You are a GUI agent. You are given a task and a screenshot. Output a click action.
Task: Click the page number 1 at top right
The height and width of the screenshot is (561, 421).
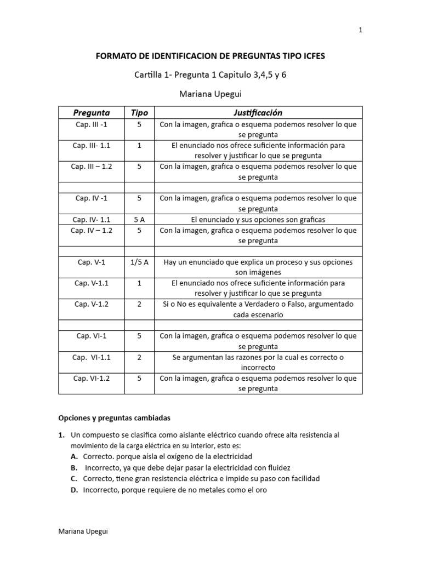pos(360,31)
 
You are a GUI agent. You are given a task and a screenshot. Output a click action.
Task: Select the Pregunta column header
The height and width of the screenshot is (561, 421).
pos(92,113)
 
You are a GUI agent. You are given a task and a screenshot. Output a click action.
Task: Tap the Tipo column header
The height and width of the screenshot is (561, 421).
pos(139,113)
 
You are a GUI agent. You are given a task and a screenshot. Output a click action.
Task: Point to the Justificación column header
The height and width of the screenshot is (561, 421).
pos(258,113)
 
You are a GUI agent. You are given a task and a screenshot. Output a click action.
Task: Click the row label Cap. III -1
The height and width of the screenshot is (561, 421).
pos(92,124)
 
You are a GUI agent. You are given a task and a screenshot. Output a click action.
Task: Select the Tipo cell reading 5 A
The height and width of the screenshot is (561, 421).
pos(139,220)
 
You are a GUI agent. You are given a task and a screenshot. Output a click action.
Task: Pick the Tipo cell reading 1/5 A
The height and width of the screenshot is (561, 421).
pos(139,262)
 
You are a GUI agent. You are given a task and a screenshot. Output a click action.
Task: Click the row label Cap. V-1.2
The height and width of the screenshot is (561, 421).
pos(92,304)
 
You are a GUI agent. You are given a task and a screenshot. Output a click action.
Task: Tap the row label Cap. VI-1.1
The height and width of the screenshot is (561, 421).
pos(92,357)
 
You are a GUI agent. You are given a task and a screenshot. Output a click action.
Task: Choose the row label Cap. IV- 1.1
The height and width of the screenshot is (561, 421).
pos(92,220)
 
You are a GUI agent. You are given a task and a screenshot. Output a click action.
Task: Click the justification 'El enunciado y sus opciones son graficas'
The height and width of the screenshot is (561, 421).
pos(258,220)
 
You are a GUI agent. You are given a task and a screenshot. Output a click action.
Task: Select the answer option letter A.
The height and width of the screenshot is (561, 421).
pos(73,456)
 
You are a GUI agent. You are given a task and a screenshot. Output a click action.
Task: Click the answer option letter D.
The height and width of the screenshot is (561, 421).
pos(74,490)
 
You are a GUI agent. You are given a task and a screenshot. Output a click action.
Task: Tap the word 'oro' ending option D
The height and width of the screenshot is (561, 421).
pos(261,490)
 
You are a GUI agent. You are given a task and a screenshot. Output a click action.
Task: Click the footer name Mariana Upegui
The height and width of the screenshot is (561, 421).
pos(82,533)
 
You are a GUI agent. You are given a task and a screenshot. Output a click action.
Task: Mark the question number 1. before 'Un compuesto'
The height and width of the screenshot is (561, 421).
pos(62,435)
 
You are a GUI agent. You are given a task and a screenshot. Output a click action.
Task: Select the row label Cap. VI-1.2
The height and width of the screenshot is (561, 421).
pos(92,379)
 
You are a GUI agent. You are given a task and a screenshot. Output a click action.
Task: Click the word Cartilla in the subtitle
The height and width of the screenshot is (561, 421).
pos(149,75)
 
